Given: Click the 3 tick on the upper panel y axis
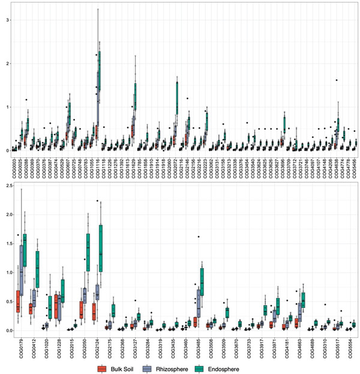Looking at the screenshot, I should pos(7,20).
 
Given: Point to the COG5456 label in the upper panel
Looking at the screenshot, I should pos(353,164).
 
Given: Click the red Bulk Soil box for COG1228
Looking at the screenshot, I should pos(56,306).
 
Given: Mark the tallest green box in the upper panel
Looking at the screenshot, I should pos(99,70).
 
